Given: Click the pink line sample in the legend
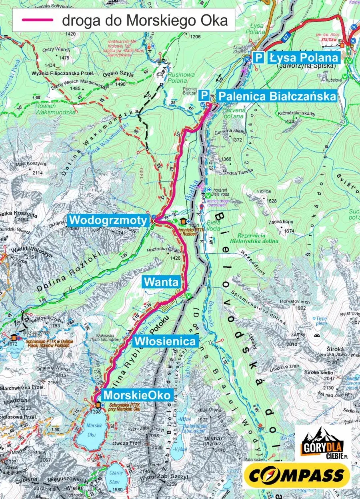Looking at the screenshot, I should pyautogui.click(x=37, y=20).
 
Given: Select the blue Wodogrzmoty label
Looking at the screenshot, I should pyautogui.click(x=108, y=220).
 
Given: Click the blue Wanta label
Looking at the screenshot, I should pyautogui.click(x=161, y=282).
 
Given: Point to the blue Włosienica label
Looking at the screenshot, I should pyautogui.click(x=165, y=341).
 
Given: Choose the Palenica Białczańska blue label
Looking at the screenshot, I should pyautogui.click(x=276, y=96).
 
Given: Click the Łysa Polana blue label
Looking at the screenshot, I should pyautogui.click(x=304, y=58).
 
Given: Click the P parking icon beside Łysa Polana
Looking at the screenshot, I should pyautogui.click(x=259, y=58).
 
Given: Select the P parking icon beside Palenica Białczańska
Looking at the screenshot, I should pyautogui.click(x=204, y=96).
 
